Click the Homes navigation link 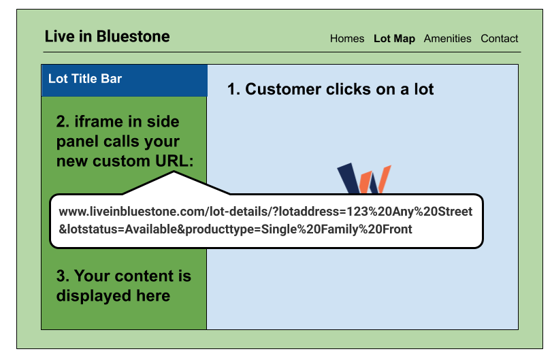[x=347, y=39]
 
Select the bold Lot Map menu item [x=394, y=39]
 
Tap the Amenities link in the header [x=447, y=39]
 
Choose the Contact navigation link [x=499, y=39]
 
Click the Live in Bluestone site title [x=107, y=36]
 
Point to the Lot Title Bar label [x=85, y=79]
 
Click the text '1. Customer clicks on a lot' [x=330, y=89]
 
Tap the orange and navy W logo [x=365, y=179]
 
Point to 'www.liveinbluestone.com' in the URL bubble [x=120, y=212]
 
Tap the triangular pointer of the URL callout [x=174, y=182]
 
